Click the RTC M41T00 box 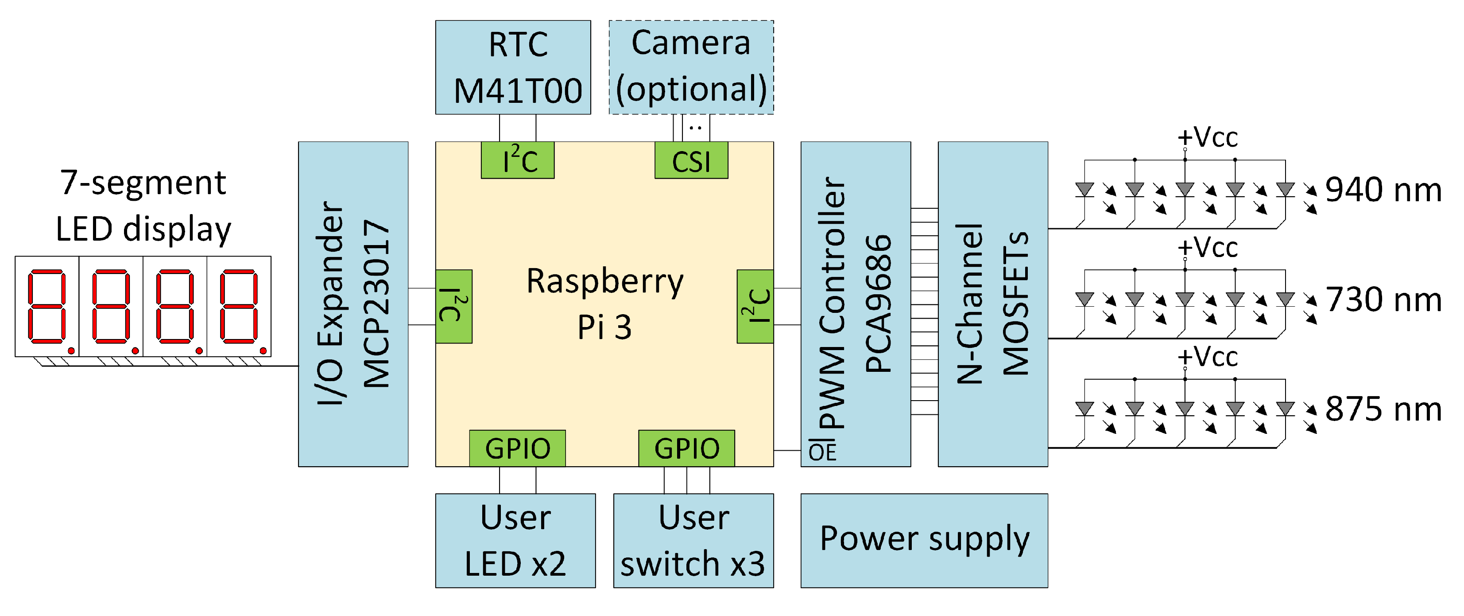click(x=513, y=67)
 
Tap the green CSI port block click(x=691, y=161)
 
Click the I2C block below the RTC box click(x=517, y=160)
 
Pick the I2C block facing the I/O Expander click(x=453, y=306)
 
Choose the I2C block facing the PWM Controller click(x=755, y=306)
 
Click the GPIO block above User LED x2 click(x=517, y=448)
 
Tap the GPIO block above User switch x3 click(x=686, y=448)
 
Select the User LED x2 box click(x=515, y=540)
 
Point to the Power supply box click(x=924, y=540)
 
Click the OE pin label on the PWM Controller click(x=822, y=452)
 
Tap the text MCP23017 click(x=376, y=304)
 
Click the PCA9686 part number click(x=878, y=304)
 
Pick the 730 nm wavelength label click(x=1383, y=299)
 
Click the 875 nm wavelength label click(x=1383, y=409)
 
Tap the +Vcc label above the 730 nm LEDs click(x=1207, y=247)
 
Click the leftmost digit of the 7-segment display click(x=47, y=307)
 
